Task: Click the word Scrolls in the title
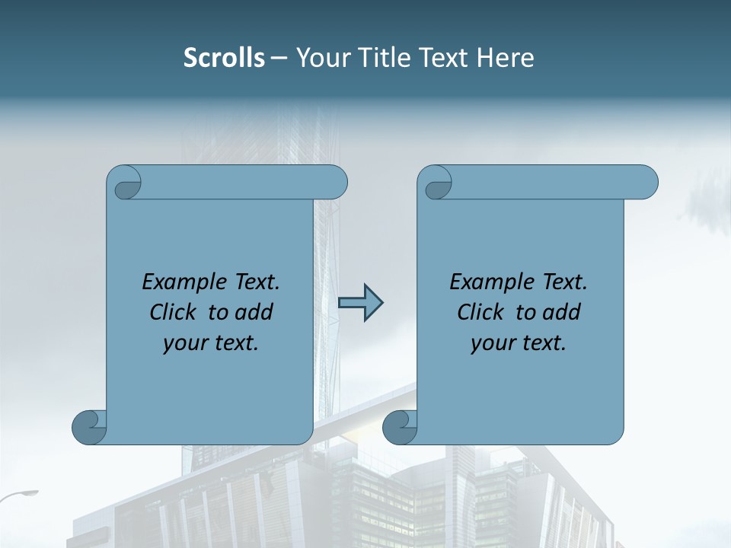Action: [224, 58]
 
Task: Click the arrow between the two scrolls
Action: [360, 303]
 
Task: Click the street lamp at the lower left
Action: [23, 495]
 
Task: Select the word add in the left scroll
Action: [254, 312]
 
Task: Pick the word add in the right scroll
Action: [561, 312]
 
